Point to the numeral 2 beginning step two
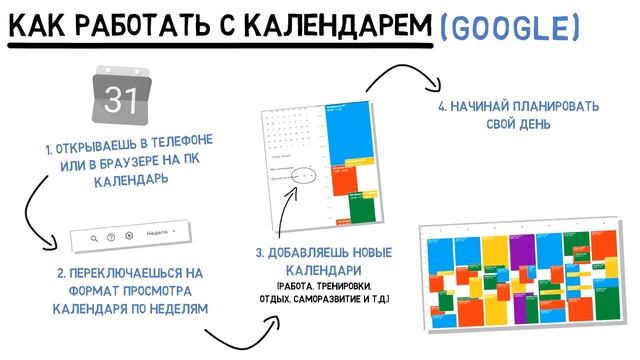click(60, 272)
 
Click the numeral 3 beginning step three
click(258, 255)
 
